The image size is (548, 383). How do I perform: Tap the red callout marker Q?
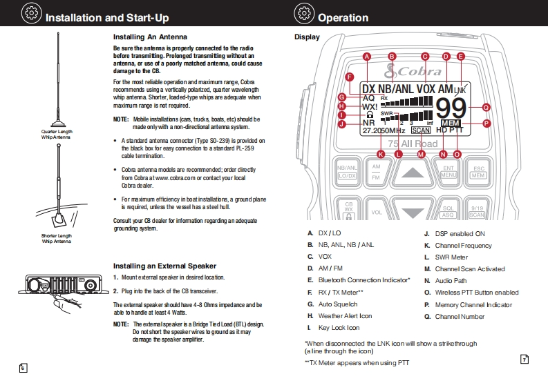click(486, 107)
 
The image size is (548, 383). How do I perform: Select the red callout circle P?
click(486, 124)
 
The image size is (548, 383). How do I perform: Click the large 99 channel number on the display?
click(451, 108)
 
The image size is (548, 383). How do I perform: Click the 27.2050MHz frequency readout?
click(384, 130)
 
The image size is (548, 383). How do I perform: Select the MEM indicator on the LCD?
click(451, 123)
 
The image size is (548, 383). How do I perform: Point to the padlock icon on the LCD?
click(369, 115)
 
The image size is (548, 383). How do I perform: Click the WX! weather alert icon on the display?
click(370, 107)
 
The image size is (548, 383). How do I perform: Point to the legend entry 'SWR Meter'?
click(451, 257)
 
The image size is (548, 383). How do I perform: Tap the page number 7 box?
click(524, 360)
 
